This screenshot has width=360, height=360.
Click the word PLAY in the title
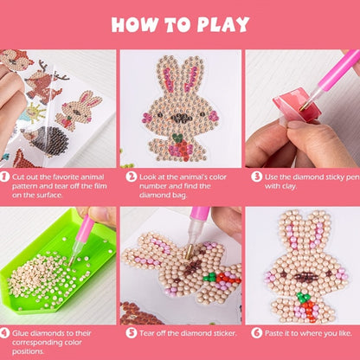tap(223, 24)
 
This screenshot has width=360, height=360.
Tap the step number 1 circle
tap(4, 177)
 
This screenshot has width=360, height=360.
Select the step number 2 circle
tap(132, 177)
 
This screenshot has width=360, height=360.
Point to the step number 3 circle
tap(256, 177)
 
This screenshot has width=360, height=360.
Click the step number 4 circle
tap(4, 333)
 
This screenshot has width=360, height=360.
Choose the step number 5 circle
tap(132, 333)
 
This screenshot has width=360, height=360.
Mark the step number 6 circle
tap(256, 333)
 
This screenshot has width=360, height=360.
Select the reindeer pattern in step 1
tap(46, 82)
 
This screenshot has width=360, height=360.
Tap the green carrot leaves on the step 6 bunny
tap(303, 297)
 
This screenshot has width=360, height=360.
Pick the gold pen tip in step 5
tap(190, 252)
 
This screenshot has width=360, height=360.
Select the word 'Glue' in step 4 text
tap(20, 333)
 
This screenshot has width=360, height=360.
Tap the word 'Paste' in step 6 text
tap(273, 333)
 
